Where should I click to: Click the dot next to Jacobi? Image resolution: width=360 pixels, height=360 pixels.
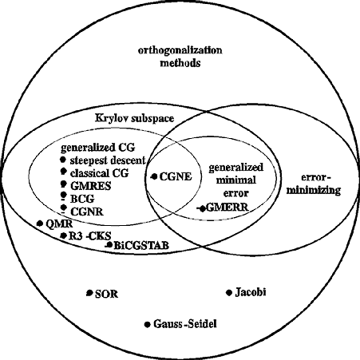tap(229, 293)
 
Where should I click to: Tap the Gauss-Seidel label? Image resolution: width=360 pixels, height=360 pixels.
tap(185, 324)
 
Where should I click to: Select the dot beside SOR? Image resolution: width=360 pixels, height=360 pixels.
tap(89, 293)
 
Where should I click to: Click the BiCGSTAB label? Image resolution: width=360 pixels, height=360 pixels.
tap(141, 245)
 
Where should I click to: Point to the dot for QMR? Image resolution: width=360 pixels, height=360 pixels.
tap(40, 224)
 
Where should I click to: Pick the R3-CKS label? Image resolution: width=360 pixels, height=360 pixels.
tap(89, 235)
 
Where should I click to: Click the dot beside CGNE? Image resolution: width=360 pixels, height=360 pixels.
tap(154, 176)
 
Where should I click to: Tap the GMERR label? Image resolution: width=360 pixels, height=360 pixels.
tap(227, 207)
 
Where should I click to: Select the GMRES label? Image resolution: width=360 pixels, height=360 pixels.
tap(91, 186)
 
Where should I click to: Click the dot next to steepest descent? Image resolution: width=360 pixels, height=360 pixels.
tap(63, 160)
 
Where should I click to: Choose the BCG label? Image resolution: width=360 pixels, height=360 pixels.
tap(82, 199)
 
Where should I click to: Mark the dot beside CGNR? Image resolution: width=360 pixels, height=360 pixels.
tap(63, 208)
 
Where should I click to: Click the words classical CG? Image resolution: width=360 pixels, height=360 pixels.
tap(99, 173)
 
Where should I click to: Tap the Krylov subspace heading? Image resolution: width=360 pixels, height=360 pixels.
tap(135, 118)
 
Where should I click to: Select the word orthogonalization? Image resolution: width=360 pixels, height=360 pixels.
tap(180, 50)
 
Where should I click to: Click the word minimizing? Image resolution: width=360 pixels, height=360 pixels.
tap(314, 190)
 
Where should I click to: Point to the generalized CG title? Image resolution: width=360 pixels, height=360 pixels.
tap(98, 148)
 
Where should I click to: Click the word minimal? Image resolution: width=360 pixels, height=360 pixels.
tap(236, 180)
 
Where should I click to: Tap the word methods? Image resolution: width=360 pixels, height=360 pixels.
tap(180, 63)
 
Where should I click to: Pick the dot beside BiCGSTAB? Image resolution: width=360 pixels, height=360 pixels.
tap(109, 244)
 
